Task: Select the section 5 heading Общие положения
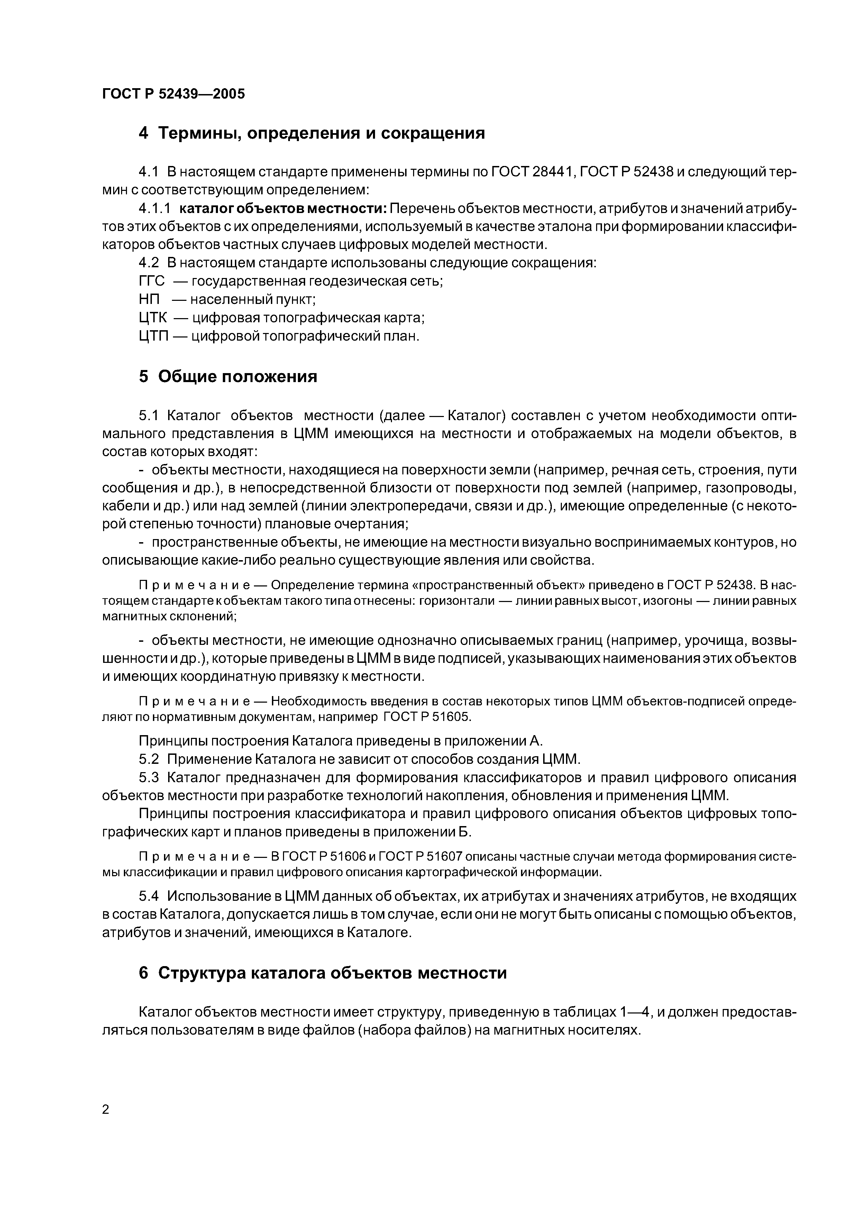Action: (228, 377)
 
